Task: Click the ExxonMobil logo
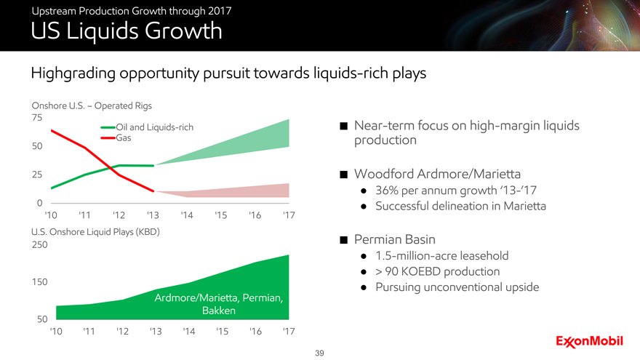click(589, 342)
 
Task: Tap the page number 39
click(319, 353)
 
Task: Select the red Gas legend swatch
click(108, 138)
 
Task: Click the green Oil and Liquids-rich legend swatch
click(108, 127)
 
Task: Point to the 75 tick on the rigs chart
click(37, 118)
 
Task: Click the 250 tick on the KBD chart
click(39, 244)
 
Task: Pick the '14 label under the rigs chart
click(187, 215)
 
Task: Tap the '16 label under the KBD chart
click(255, 331)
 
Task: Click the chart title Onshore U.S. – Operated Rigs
click(92, 105)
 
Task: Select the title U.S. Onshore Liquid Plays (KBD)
click(95, 232)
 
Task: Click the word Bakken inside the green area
click(219, 311)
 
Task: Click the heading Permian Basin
click(395, 239)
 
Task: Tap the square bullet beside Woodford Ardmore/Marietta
click(344, 175)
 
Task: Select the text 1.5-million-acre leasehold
click(442, 255)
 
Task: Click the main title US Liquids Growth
click(127, 31)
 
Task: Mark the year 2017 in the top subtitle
click(220, 11)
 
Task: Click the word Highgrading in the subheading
click(73, 73)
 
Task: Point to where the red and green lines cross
click(111, 167)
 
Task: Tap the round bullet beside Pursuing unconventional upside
click(364, 288)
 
